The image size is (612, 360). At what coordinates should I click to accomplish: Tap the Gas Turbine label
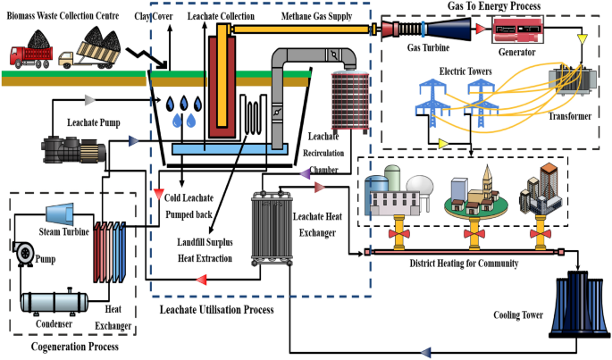(426, 46)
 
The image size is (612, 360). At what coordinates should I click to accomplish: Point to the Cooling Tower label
(519, 314)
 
